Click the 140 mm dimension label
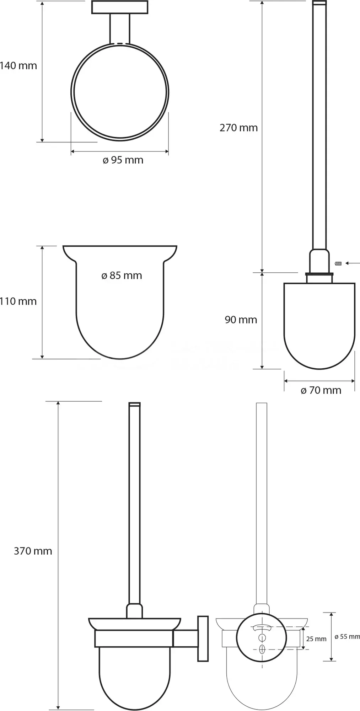(18, 66)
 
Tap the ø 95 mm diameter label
(123, 160)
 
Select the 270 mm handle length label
(238, 128)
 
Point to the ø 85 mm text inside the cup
(122, 276)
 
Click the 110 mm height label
(18, 301)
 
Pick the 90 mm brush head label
(241, 320)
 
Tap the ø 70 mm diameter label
(321, 390)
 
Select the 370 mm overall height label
(33, 551)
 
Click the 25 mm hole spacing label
(316, 639)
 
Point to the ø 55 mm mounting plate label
(347, 637)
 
